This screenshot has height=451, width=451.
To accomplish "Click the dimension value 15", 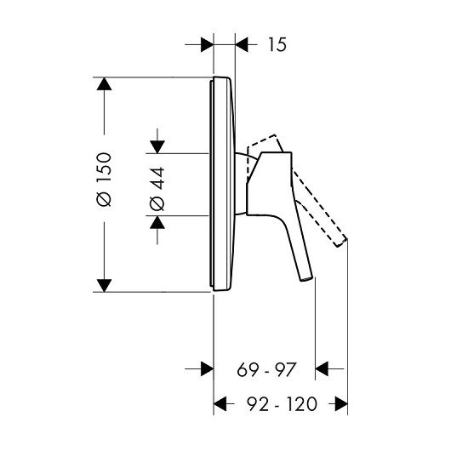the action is click(x=277, y=44).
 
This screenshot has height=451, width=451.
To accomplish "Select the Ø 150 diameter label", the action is click(x=104, y=180).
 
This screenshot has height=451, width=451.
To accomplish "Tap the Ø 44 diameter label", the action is click(x=157, y=189).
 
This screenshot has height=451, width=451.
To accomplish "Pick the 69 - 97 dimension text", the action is click(x=266, y=369).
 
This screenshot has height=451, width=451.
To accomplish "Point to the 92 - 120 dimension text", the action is click(x=283, y=404).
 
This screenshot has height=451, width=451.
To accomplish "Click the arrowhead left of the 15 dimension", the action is click(x=207, y=44).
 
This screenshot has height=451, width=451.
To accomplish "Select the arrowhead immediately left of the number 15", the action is click(x=242, y=44).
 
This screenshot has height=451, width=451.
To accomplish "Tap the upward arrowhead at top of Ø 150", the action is click(x=104, y=84).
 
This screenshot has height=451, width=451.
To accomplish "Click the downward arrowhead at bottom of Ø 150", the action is click(x=104, y=286).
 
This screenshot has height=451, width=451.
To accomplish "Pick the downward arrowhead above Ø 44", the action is click(x=157, y=147).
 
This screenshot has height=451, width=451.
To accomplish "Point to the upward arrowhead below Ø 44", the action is click(x=157, y=222).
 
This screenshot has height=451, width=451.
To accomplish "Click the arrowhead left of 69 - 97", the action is click(x=207, y=368).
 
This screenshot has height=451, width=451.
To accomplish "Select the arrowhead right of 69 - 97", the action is click(x=322, y=368).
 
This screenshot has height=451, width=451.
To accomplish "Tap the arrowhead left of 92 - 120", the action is click(x=220, y=404).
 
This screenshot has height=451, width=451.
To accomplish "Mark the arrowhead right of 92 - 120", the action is click(x=341, y=404).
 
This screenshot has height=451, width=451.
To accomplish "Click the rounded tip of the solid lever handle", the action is click(x=306, y=278).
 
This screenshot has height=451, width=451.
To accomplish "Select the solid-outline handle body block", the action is click(x=269, y=184).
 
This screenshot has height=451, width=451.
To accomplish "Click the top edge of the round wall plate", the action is click(x=221, y=77).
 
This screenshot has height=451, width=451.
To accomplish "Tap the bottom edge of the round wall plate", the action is click(x=221, y=291).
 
